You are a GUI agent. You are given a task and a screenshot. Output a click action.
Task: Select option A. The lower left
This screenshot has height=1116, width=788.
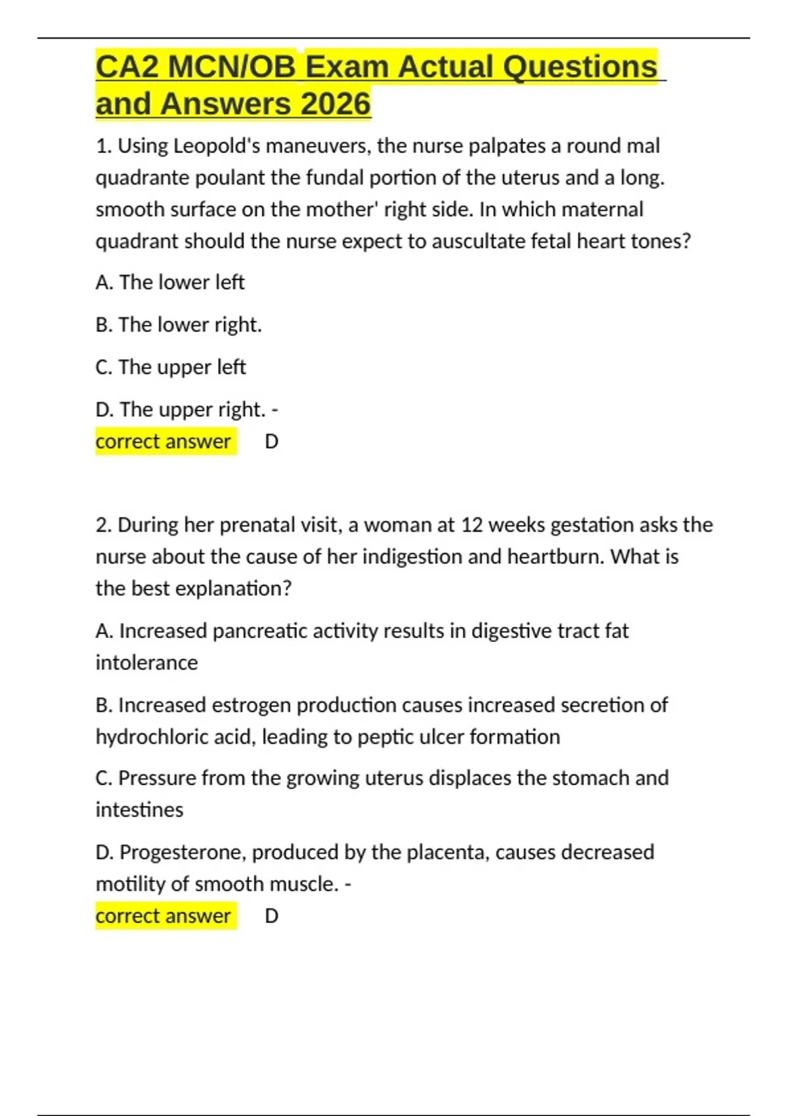[x=169, y=282]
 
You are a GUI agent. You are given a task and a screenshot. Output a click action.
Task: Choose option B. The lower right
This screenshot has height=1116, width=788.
[x=178, y=325]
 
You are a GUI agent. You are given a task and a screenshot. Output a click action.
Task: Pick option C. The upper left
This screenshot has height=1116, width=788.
[x=170, y=367]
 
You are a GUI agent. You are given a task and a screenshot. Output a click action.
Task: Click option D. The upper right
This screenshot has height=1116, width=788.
[x=181, y=410]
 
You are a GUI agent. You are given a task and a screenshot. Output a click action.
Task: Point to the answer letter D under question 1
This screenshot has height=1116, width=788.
[x=271, y=442]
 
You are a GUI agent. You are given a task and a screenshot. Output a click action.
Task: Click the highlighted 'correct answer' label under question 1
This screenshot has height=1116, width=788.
[x=164, y=442]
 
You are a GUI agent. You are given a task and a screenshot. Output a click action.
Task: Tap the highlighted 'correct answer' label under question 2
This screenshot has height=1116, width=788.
[x=164, y=916]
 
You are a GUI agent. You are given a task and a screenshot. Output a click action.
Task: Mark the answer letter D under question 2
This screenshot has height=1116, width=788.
[x=271, y=916]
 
